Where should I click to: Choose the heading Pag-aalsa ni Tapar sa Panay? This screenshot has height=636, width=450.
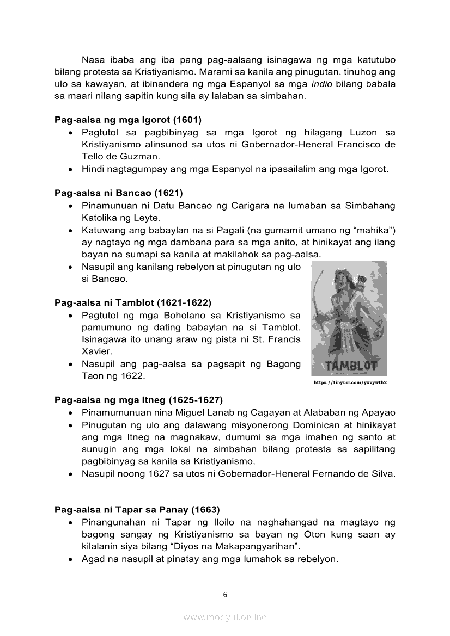[137, 510]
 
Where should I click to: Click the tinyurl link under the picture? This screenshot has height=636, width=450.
[350, 382]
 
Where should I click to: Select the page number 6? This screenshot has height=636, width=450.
[225, 595]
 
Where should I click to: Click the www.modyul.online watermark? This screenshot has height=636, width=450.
[225, 617]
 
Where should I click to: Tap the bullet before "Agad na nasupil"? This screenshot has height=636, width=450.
[71, 559]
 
